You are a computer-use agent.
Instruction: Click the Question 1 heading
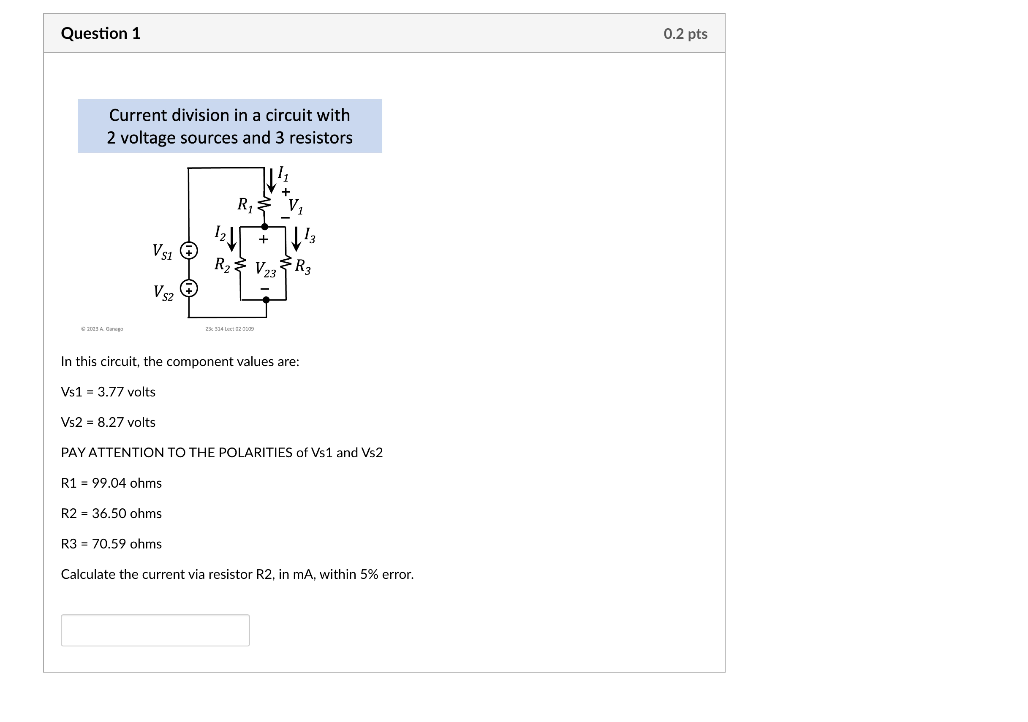coord(101,34)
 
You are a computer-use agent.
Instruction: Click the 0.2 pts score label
coord(685,34)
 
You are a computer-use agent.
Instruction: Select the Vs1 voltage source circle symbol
coord(189,251)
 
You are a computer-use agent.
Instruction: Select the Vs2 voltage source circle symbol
coord(189,288)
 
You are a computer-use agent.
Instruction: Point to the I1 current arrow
coord(271,180)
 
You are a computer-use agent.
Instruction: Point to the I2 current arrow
coord(231,239)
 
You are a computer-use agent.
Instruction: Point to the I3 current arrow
coord(296,239)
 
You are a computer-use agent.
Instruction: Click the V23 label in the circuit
coord(265,269)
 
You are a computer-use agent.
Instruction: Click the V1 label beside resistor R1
coord(296,206)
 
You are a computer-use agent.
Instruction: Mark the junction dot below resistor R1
coord(265,227)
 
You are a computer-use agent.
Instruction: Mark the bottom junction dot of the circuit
coord(266,300)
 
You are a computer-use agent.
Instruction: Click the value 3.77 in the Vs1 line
coord(110,392)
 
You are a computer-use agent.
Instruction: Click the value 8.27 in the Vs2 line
coord(110,423)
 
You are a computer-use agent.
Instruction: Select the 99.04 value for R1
coord(109,483)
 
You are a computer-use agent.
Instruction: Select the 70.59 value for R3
coord(109,544)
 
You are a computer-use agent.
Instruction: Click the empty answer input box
coord(155,630)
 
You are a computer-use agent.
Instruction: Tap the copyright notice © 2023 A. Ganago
coord(102,329)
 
